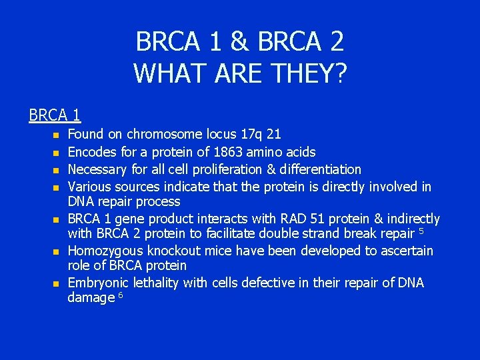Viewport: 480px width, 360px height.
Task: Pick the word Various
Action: click(x=89, y=187)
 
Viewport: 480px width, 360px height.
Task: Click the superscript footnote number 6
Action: click(x=121, y=295)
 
